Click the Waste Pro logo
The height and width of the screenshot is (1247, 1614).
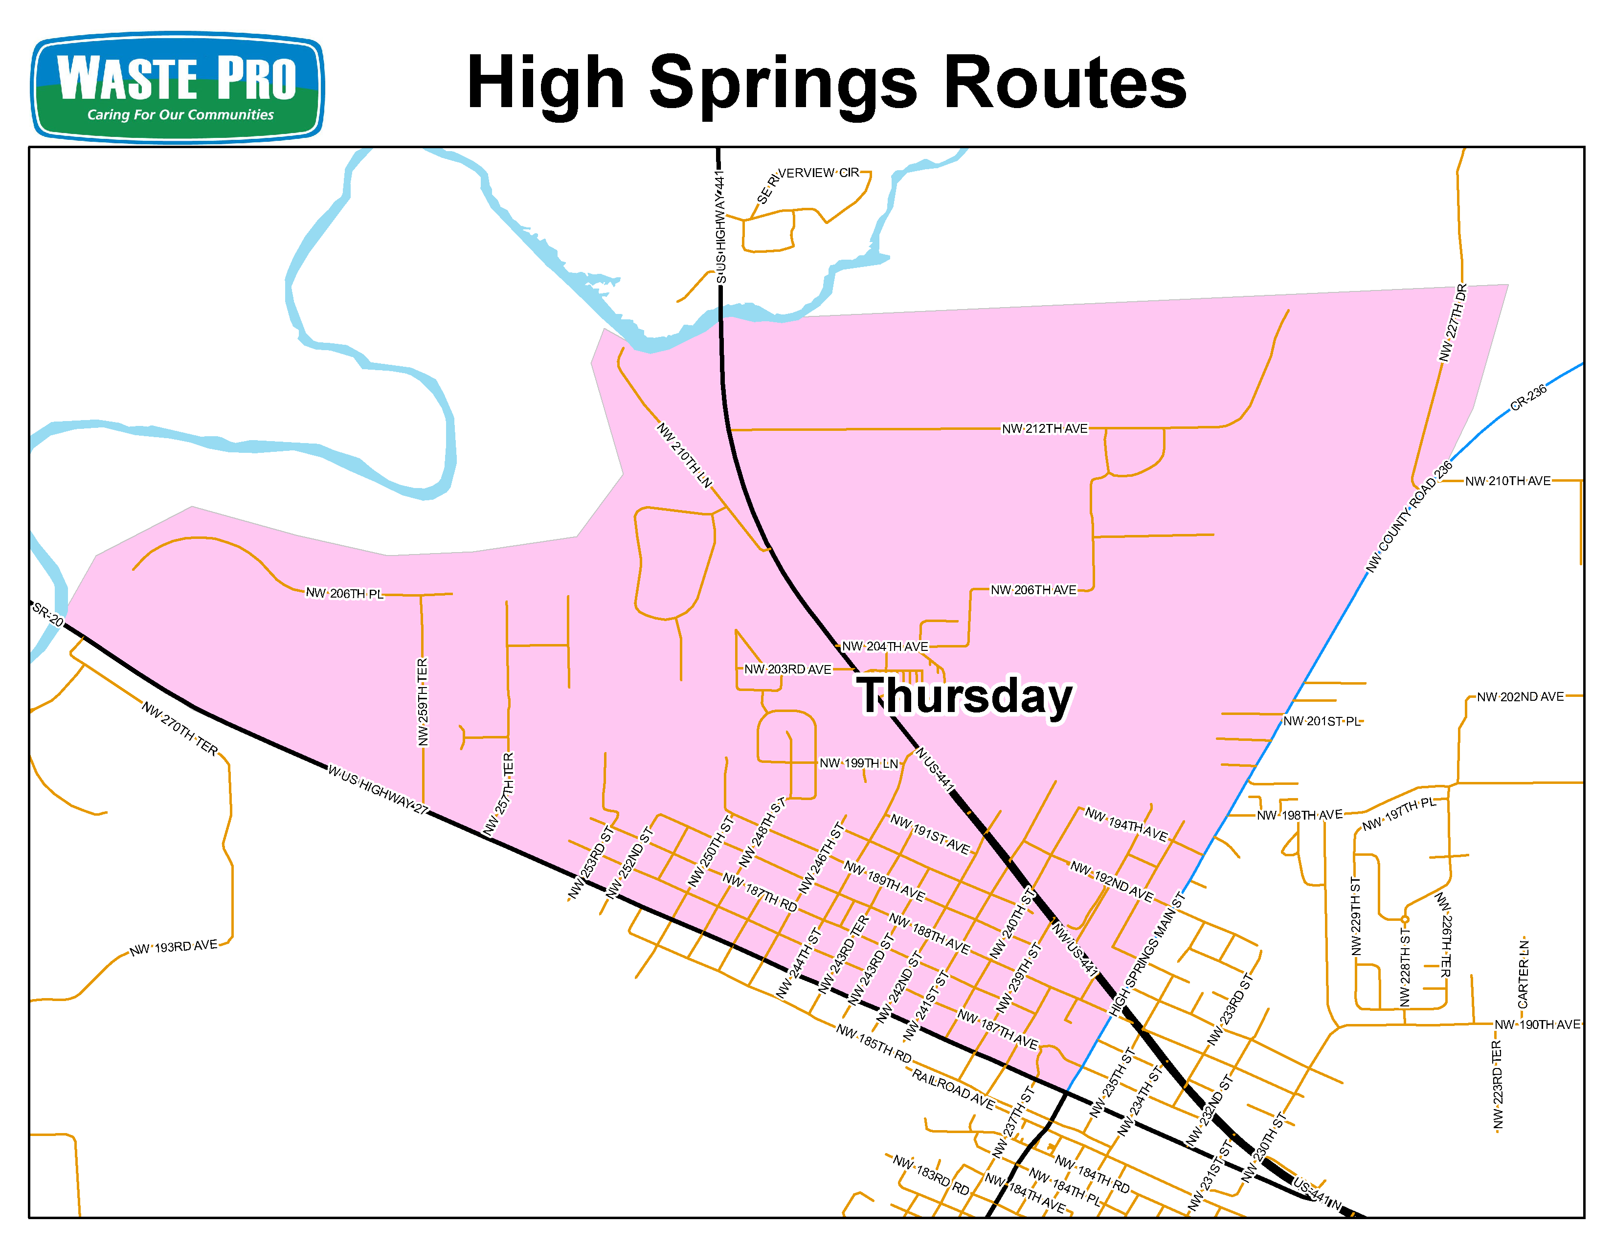pos(178,87)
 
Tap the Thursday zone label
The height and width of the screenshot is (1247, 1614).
pos(965,696)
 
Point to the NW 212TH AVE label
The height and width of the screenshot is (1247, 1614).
pos(1044,428)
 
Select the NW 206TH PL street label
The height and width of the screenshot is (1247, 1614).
pos(344,593)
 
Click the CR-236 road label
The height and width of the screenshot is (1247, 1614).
pos(1528,398)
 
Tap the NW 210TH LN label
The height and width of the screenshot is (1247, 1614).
pos(684,455)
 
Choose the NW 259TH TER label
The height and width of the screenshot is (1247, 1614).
pos(423,702)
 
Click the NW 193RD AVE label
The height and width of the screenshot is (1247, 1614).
pos(174,947)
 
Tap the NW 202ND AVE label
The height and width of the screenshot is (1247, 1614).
pos(1520,697)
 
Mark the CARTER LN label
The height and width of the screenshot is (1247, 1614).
pos(1523,974)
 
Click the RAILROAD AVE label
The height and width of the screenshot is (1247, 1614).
pos(953,1089)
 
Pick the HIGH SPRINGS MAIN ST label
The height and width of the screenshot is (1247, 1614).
pos(1148,955)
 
